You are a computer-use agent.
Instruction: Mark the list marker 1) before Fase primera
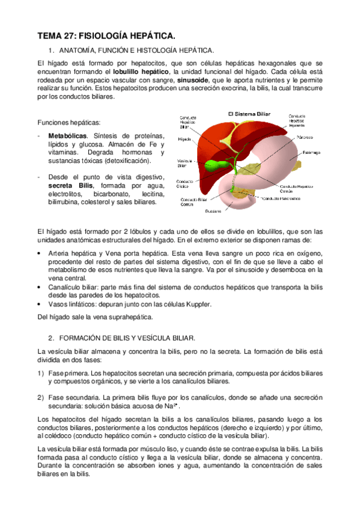click(41, 373)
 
